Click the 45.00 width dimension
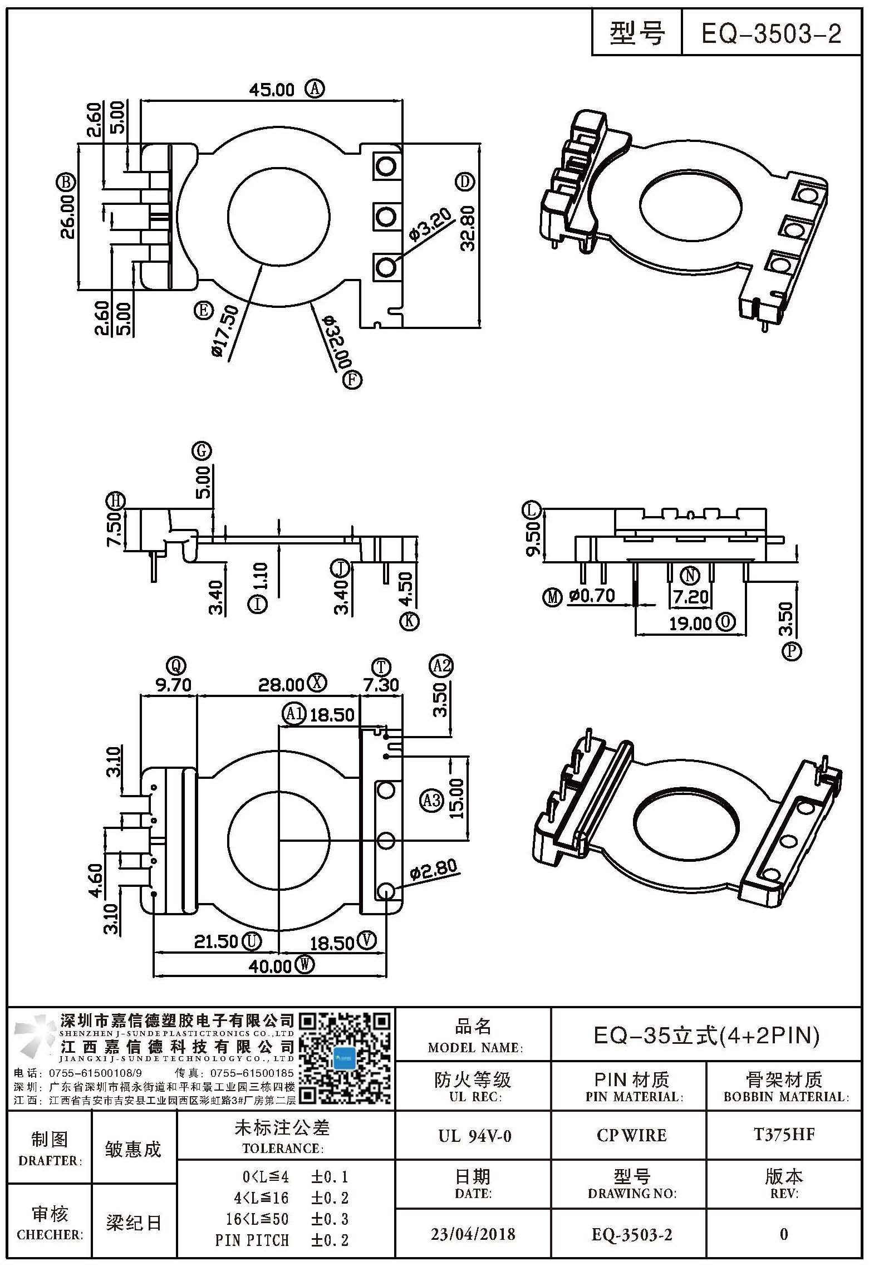coord(271,90)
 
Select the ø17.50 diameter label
coord(226,332)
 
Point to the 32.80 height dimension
coord(468,228)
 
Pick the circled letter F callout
coord(352,380)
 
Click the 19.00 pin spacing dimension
coord(690,623)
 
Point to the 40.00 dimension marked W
coord(270,966)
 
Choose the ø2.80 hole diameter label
coord(433,869)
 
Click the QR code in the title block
coord(346,1058)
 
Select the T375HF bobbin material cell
coord(784,1135)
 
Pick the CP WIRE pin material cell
coord(631,1136)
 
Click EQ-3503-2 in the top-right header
coord(771,35)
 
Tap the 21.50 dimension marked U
coord(216,941)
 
